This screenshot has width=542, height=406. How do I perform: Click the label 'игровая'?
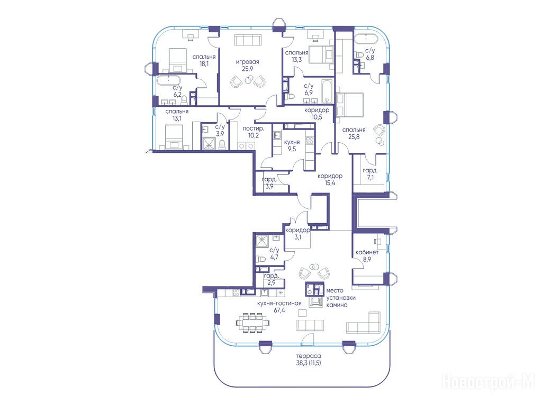coord(248,62)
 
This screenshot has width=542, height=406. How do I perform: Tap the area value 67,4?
coord(279,310)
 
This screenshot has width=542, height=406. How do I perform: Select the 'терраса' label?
coord(309,356)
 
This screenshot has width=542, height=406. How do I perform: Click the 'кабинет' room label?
coord(367,252)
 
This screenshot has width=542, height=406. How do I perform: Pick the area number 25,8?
coord(354,136)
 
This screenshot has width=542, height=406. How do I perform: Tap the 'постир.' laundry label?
coord(254,128)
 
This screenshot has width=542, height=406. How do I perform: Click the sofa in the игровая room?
coord(248,40)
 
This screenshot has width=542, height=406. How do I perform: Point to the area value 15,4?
coord(330,182)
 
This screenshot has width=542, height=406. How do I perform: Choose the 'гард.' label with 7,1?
coord(370,171)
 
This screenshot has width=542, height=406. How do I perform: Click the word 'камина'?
coord(337,305)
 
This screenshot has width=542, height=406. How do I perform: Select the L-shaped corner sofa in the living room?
coord(364,322)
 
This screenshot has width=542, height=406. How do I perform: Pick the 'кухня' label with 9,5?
coord(292,142)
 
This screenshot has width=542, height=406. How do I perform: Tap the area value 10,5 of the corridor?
coord(317,117)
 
